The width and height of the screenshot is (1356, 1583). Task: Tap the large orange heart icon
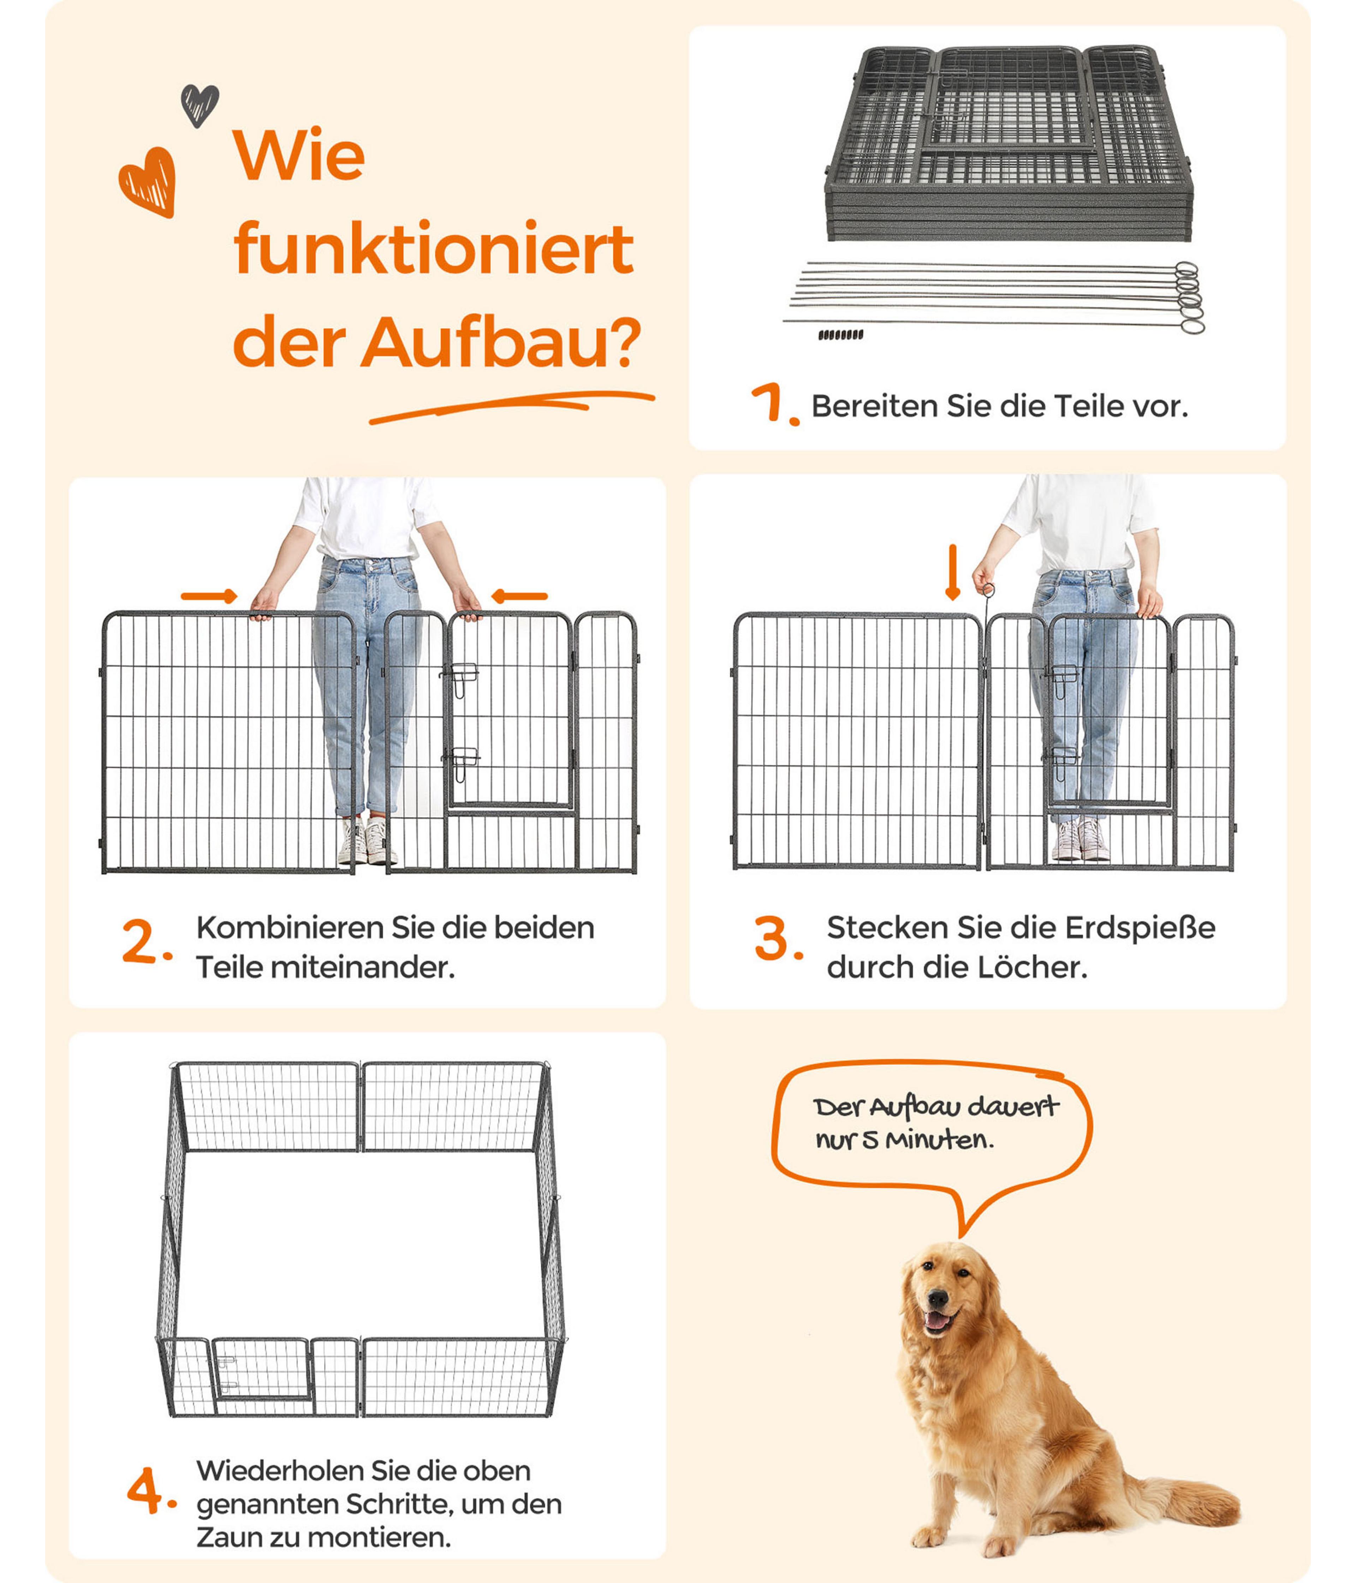(x=148, y=182)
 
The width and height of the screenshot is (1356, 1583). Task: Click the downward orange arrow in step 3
(x=952, y=572)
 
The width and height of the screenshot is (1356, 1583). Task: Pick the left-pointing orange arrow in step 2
(x=519, y=596)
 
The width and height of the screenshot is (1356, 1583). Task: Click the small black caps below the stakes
(x=841, y=335)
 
